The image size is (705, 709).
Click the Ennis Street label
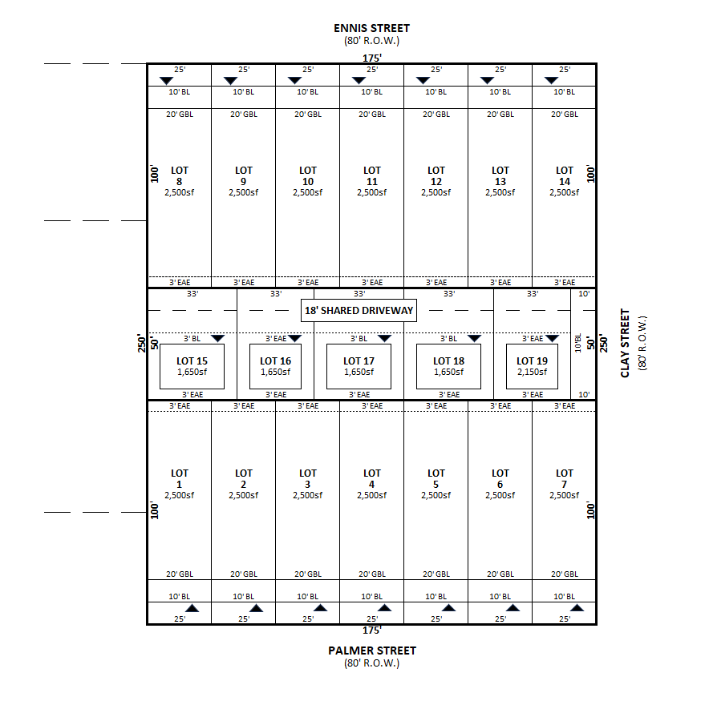pyautogui.click(x=371, y=28)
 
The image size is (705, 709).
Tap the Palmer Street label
pyautogui.click(x=371, y=651)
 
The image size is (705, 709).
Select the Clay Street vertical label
pyautogui.click(x=625, y=343)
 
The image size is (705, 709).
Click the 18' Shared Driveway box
pyautogui.click(x=359, y=310)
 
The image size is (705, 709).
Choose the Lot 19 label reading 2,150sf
pyautogui.click(x=532, y=373)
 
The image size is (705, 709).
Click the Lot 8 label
pyautogui.click(x=180, y=181)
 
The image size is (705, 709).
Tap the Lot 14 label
pyautogui.click(x=564, y=181)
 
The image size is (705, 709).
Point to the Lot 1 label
pyautogui.click(x=180, y=484)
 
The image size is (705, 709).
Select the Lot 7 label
pyautogui.click(x=564, y=484)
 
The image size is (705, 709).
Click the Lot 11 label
pyautogui.click(x=371, y=181)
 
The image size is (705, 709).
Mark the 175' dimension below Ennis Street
pyautogui.click(x=371, y=58)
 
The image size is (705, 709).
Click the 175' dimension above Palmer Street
pyautogui.click(x=371, y=630)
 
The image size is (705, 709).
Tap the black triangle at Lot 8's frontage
pyautogui.click(x=166, y=80)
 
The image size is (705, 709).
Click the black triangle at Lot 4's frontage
pyautogui.click(x=384, y=608)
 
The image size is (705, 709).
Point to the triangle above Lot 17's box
pyautogui.click(x=384, y=338)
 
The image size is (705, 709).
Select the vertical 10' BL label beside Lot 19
pyautogui.click(x=577, y=343)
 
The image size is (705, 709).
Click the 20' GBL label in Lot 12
pyautogui.click(x=436, y=115)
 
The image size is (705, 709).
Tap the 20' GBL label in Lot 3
pyautogui.click(x=308, y=574)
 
